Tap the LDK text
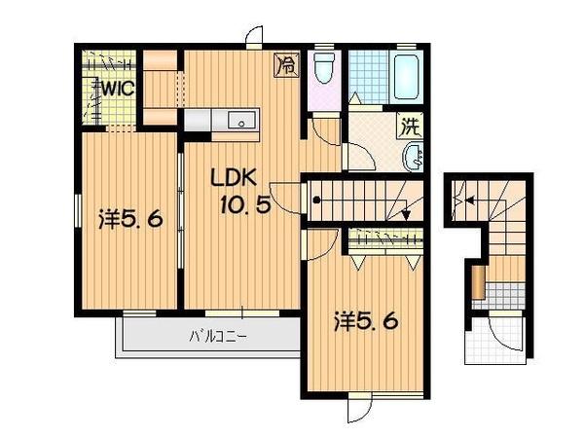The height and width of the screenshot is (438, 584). coord(234,178)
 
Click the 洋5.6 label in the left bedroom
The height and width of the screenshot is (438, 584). coord(129,220)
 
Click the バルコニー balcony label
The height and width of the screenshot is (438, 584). coord(218,338)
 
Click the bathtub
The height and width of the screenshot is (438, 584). coord(407,78)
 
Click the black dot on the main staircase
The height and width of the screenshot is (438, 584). coord(316,201)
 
